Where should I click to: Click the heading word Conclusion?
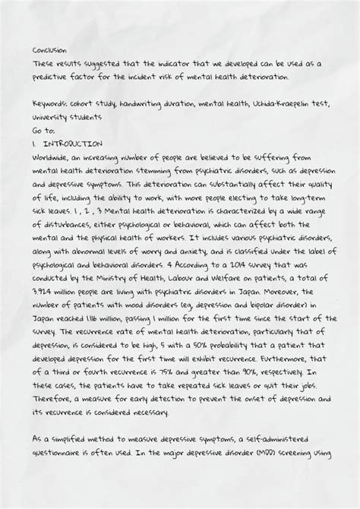(50, 51)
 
